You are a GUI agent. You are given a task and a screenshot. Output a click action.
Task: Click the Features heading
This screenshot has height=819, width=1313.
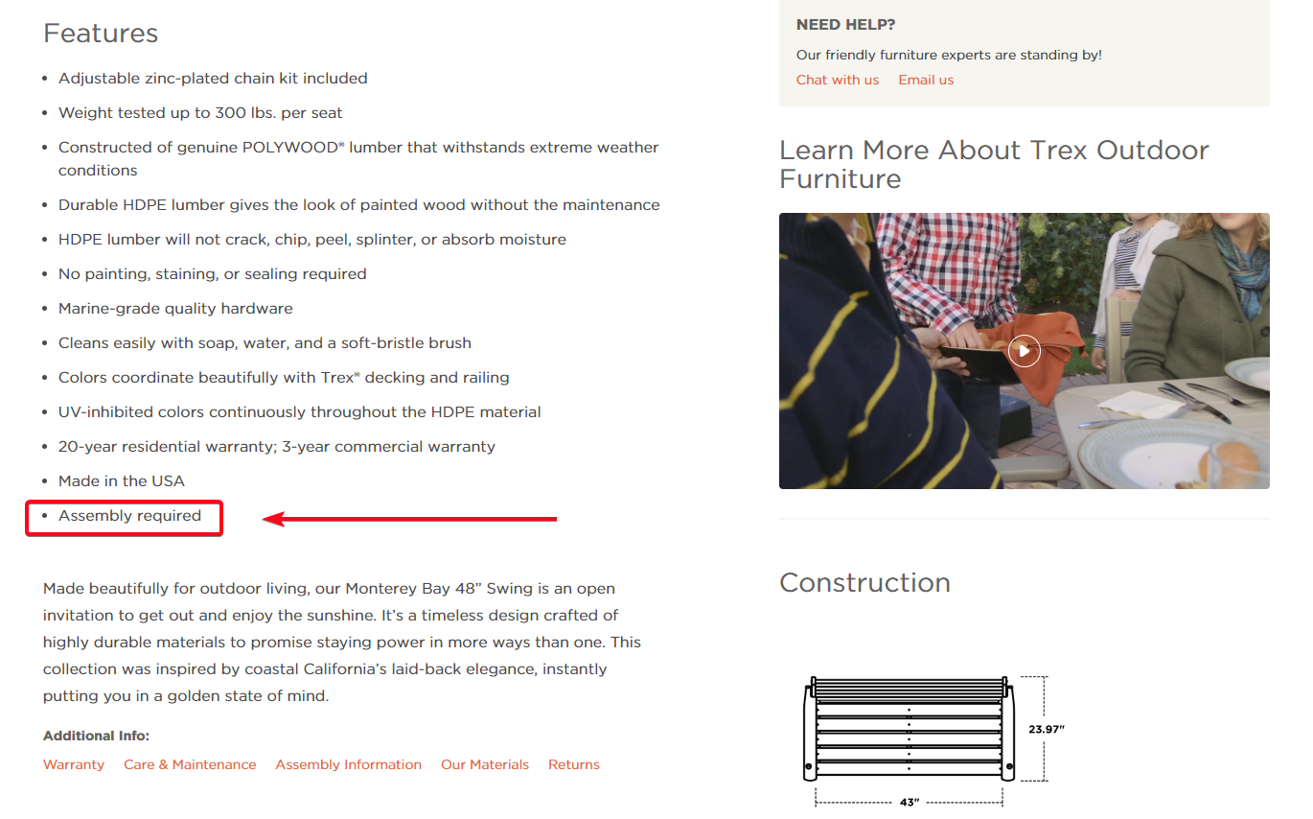tap(101, 34)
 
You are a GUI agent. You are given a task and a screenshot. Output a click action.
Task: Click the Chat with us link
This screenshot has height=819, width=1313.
tap(837, 80)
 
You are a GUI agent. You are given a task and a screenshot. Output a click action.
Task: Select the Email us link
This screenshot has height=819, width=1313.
tap(926, 80)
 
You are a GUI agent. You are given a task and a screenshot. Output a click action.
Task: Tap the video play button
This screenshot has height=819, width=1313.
tap(1024, 351)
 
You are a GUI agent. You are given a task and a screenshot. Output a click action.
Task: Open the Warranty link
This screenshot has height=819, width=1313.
tap(74, 764)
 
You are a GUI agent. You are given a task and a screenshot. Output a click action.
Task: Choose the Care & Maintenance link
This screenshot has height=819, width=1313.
tap(190, 764)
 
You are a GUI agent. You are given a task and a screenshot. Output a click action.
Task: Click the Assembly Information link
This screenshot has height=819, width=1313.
tap(348, 764)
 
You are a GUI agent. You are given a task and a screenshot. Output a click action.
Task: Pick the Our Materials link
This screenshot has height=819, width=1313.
tap(485, 764)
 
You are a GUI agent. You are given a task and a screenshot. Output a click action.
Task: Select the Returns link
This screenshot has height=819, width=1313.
tap(574, 764)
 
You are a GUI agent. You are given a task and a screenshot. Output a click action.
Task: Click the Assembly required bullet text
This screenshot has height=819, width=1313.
tap(129, 516)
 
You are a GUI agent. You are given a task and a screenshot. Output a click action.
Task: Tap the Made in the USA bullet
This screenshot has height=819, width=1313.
tap(122, 481)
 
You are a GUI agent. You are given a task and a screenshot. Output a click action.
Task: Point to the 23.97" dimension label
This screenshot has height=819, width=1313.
tap(1047, 730)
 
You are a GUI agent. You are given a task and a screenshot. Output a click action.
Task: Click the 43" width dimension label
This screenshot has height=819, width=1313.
tap(908, 802)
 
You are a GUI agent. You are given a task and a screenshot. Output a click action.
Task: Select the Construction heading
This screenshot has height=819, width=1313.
tap(864, 583)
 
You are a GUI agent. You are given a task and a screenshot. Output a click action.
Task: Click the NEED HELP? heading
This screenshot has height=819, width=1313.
tap(845, 25)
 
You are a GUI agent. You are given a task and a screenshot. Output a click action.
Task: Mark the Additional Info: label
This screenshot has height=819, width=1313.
tap(96, 737)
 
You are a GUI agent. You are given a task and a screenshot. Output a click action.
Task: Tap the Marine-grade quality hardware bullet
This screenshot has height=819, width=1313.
tap(175, 309)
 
